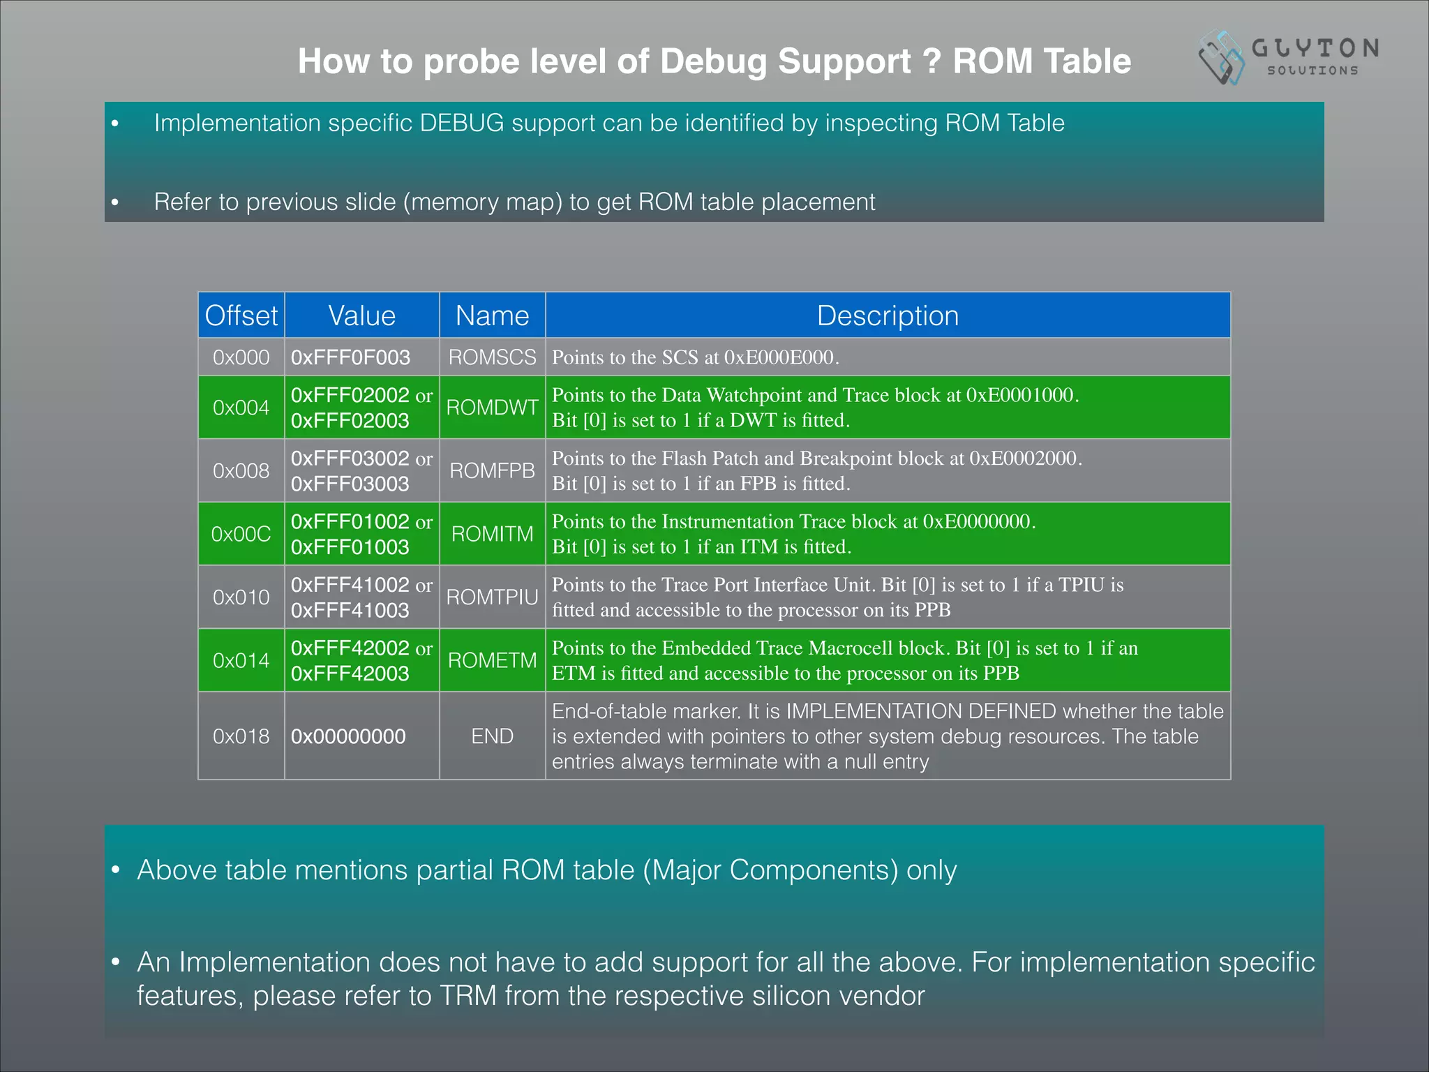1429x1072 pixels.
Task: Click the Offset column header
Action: tap(241, 315)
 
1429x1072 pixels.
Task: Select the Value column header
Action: tap(361, 315)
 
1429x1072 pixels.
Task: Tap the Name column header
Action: tap(492, 315)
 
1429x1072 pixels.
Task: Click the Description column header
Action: tap(888, 315)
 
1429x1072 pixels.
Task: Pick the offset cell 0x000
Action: tap(241, 357)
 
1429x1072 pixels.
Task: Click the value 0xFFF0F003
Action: tap(350, 357)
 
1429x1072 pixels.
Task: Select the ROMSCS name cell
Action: tap(492, 357)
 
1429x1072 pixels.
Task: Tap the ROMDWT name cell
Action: tap(492, 408)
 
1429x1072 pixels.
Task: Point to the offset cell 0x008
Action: tap(241, 471)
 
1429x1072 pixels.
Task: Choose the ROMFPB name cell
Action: tap(492, 471)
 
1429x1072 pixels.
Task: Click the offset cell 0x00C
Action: tap(241, 534)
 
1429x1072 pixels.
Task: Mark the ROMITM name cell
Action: tap(492, 534)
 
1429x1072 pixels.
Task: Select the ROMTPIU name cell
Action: tap(492, 597)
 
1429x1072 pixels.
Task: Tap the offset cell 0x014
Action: tap(241, 660)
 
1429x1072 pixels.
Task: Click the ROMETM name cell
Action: tap(492, 660)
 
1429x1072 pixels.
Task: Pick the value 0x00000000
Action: tap(348, 736)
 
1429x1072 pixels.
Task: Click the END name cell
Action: tap(492, 736)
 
